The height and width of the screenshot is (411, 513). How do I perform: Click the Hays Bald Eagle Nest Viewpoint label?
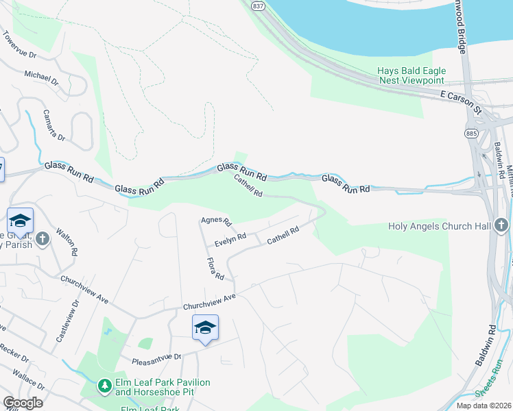411,75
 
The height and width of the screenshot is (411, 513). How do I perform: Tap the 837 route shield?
257,5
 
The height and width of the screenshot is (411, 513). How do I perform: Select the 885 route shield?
471,132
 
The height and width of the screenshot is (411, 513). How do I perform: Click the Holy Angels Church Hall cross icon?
501,225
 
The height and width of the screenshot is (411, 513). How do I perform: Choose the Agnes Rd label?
216,221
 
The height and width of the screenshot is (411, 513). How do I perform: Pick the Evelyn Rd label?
230,241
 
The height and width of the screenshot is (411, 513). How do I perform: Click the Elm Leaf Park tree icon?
104,388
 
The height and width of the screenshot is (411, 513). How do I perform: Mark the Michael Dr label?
42,77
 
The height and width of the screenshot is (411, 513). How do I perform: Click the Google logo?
23,403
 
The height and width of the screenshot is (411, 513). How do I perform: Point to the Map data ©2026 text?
483,406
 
